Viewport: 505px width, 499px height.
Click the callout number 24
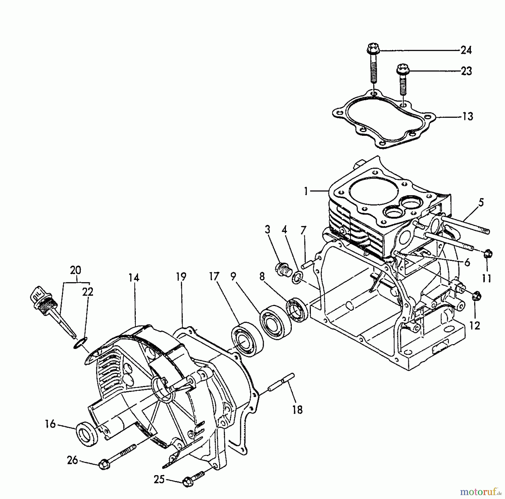(x=466, y=50)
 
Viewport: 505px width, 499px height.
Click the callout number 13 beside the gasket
(x=467, y=116)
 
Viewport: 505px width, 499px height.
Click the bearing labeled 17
(x=247, y=339)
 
